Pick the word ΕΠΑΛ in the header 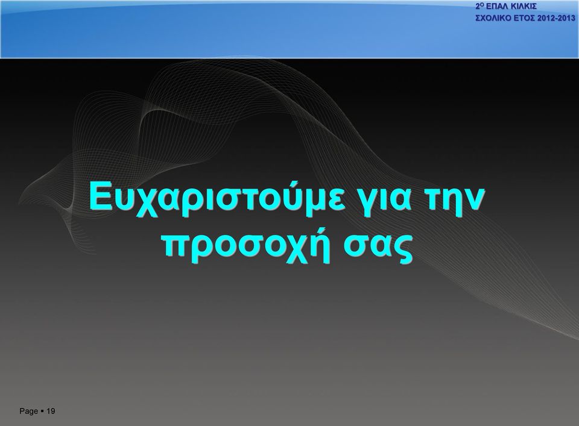coord(496,6)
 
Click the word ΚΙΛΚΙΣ coord(523,6)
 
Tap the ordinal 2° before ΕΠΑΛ coord(480,6)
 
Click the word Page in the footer coord(29,412)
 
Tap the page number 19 coord(51,411)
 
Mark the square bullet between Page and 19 coord(42,410)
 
